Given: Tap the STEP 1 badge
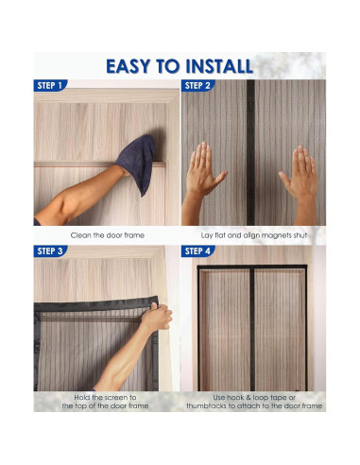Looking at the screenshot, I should point(50,85).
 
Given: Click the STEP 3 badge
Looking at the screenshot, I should point(50,251).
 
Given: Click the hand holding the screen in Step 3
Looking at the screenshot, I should point(154,319).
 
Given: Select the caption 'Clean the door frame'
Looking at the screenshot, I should point(106,234).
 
